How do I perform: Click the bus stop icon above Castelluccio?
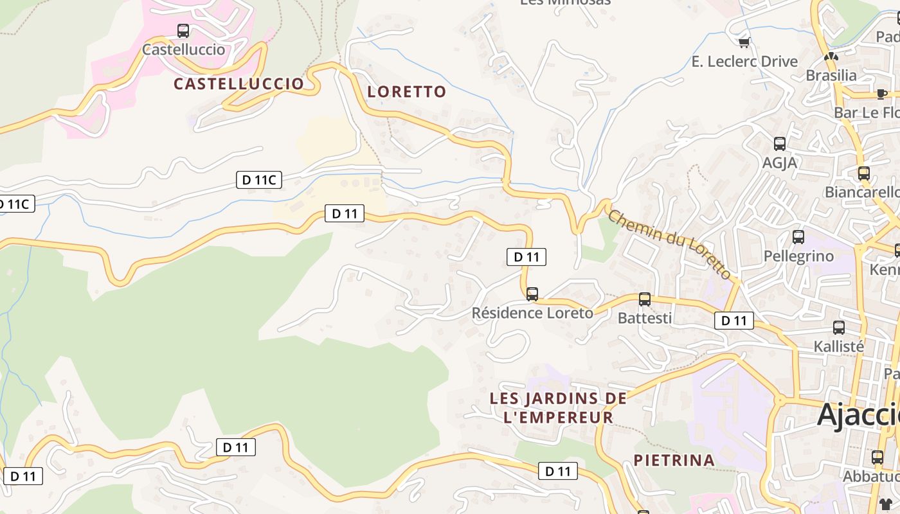[183, 30]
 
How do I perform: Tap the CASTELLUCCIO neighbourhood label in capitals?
[239, 84]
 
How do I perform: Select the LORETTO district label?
[406, 92]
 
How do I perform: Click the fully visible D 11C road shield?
[259, 180]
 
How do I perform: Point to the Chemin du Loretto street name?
[669, 245]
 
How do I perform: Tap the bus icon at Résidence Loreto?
[532, 294]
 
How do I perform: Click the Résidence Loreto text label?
[532, 314]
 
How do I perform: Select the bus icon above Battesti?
[645, 299]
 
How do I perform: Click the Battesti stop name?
[645, 318]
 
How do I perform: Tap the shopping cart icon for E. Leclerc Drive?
[744, 43]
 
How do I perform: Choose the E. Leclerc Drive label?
[744, 62]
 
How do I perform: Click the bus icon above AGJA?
[780, 144]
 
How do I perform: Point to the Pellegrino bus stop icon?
[798, 237]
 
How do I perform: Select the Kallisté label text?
[839, 346]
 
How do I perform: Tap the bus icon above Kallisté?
[839, 328]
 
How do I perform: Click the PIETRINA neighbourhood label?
[674, 460]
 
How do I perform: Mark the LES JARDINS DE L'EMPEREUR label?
[558, 408]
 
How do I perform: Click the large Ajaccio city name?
[858, 415]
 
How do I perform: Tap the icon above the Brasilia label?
[831, 57]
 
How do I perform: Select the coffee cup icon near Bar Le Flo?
[881, 94]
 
